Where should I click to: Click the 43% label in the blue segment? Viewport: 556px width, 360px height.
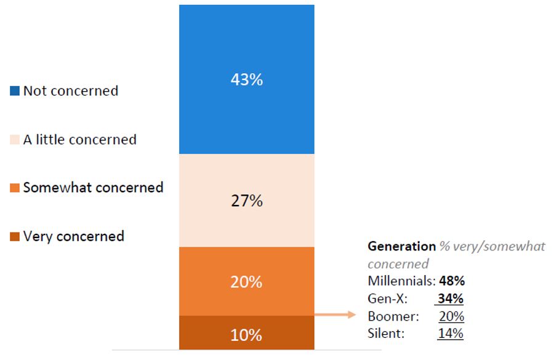pyautogui.click(x=246, y=80)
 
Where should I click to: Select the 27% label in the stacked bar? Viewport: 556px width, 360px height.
pyautogui.click(x=246, y=201)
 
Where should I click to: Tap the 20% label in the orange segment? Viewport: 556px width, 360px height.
pyautogui.click(x=246, y=282)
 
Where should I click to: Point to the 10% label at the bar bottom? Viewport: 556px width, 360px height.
pyautogui.click(x=246, y=335)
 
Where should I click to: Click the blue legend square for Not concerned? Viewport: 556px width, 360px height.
pyautogui.click(x=15, y=91)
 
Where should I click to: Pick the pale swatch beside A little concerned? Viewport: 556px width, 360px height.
pyautogui.click(x=15, y=140)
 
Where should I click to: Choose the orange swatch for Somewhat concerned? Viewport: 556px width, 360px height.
pyautogui.click(x=15, y=187)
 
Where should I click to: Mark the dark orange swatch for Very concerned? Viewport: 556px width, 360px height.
pyautogui.click(x=15, y=236)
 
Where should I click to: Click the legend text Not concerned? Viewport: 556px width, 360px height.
pyautogui.click(x=70, y=91)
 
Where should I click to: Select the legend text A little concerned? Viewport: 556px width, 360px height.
pyautogui.click(x=79, y=140)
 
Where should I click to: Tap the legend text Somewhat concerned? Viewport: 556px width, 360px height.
pyautogui.click(x=93, y=187)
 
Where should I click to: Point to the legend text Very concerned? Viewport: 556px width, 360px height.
pyautogui.click(x=73, y=236)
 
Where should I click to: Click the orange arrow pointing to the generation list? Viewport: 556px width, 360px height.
pyautogui.click(x=336, y=315)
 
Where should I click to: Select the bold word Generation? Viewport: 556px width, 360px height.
pyautogui.click(x=401, y=246)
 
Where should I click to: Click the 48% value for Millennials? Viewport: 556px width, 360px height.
pyautogui.click(x=451, y=281)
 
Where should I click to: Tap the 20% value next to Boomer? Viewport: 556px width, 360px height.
pyautogui.click(x=451, y=316)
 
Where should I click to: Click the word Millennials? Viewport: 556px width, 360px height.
pyautogui.click(x=401, y=281)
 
